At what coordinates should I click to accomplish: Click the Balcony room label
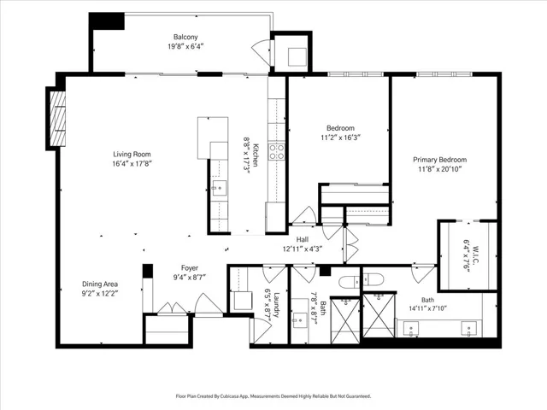[x=185, y=37]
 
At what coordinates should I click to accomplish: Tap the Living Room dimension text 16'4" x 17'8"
[x=132, y=163]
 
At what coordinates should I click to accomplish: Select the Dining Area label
[x=100, y=284]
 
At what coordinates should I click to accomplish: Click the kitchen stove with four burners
[x=276, y=152]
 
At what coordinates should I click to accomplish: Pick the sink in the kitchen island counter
[x=219, y=188]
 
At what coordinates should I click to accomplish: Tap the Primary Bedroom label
[x=440, y=160]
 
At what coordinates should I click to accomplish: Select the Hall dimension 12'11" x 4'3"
[x=302, y=249]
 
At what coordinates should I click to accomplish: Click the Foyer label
[x=190, y=267]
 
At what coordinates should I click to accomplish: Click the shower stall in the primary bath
[x=379, y=315]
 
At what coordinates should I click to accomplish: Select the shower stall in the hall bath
[x=344, y=321]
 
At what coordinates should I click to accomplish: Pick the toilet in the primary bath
[x=373, y=279]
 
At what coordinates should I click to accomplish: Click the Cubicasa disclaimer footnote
[x=273, y=396]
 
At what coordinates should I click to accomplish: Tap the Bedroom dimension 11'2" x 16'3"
[x=340, y=138]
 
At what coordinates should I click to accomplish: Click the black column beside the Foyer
[x=148, y=271]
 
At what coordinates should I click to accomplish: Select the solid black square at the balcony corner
[x=107, y=20]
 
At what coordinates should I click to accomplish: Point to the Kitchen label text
[x=256, y=155]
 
